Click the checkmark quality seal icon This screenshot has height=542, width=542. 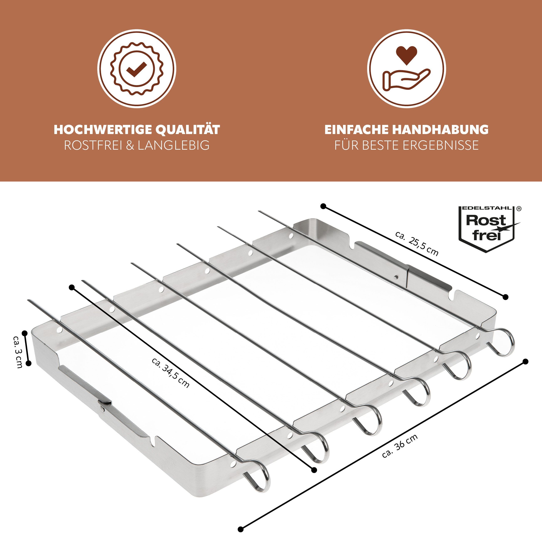[x=137, y=68]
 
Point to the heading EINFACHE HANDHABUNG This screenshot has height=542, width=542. [x=406, y=130]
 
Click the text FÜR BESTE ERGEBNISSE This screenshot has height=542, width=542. [x=406, y=145]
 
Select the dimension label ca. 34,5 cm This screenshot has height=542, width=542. [x=170, y=373]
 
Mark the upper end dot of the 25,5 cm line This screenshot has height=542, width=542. [x=323, y=206]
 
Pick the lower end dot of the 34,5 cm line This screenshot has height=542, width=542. [x=314, y=470]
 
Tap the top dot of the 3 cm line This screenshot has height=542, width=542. [x=25, y=333]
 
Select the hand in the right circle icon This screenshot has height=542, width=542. [x=406, y=79]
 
